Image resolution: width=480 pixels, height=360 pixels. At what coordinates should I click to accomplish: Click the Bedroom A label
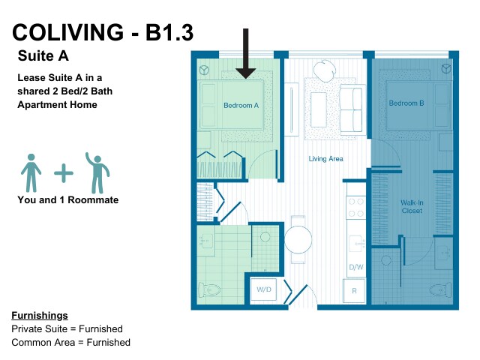241,106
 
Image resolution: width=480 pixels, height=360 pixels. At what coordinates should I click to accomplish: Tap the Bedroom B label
406,103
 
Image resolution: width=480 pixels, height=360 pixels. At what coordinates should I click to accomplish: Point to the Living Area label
325,159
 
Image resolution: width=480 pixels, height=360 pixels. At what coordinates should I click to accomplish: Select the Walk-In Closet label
412,207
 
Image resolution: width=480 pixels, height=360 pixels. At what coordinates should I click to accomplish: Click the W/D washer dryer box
263,289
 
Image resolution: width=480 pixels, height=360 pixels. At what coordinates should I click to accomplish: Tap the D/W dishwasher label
356,267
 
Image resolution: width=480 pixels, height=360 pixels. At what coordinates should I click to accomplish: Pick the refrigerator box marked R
354,291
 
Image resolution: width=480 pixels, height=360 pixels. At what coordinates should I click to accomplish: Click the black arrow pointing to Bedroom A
245,53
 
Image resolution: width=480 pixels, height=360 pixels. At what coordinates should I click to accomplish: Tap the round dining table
298,240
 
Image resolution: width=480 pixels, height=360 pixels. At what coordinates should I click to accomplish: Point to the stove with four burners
356,208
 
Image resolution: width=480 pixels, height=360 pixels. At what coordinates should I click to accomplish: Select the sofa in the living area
352,109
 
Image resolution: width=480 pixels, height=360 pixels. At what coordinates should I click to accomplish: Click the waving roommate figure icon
97,173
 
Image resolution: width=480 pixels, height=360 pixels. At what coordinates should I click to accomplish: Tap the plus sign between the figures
64,173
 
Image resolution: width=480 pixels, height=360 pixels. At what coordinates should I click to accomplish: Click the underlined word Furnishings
40,316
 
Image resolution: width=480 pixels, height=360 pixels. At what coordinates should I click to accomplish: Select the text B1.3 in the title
169,32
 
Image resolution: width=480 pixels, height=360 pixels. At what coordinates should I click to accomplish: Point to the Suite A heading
43,55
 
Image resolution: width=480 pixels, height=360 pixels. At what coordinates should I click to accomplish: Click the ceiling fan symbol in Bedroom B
446,68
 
